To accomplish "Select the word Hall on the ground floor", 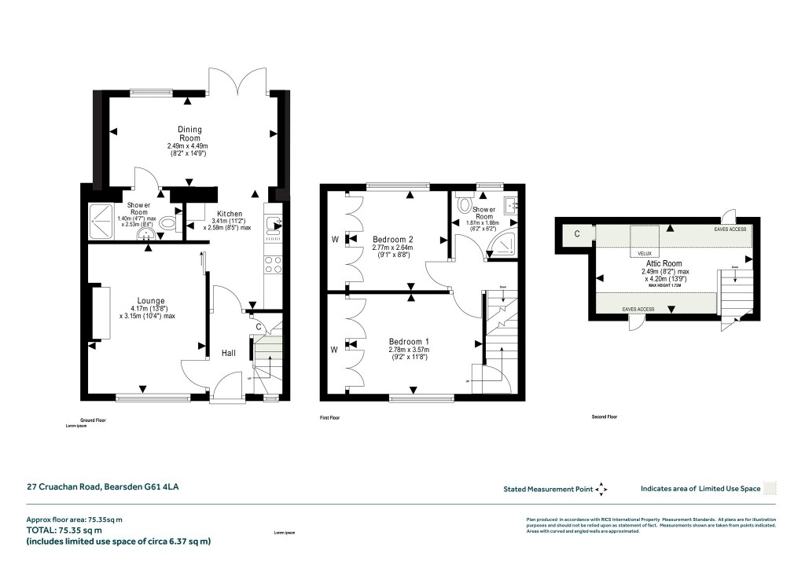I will pyautogui.click(x=228, y=354).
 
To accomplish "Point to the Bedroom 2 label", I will pyautogui.click(x=393, y=239).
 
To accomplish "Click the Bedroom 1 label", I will pyautogui.click(x=410, y=342).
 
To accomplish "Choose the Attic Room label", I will pyautogui.click(x=662, y=264).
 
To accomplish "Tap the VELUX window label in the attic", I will pyautogui.click(x=645, y=253).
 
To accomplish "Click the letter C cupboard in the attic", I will pyautogui.click(x=577, y=233).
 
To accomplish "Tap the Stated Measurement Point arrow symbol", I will pyautogui.click(x=601, y=489).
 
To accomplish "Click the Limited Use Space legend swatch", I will pyautogui.click(x=770, y=488).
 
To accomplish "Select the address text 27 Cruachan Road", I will pyautogui.click(x=103, y=488).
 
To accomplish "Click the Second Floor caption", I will pyautogui.click(x=605, y=417).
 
